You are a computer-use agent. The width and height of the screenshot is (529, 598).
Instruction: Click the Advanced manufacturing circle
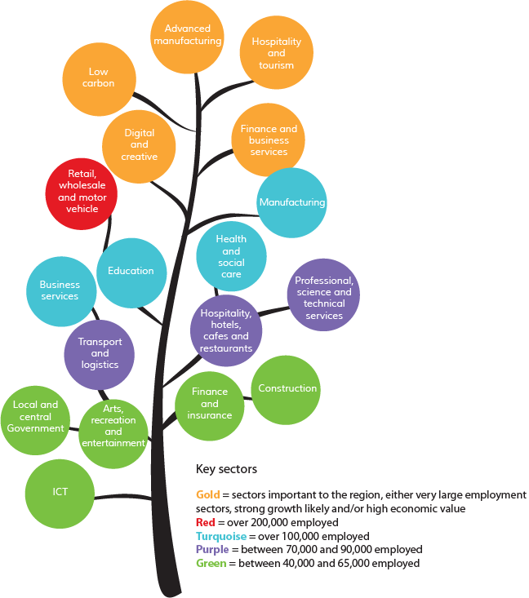[187, 36]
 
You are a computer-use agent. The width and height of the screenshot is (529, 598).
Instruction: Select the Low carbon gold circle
[98, 78]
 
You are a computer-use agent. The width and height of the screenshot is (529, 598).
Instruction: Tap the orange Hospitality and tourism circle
[276, 53]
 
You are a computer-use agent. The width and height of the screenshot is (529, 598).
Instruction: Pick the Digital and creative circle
[139, 145]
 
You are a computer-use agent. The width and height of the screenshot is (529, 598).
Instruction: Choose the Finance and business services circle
[269, 140]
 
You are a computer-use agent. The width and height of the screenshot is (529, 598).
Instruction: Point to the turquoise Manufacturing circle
[291, 202]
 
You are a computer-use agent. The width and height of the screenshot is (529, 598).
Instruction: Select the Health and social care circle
[231, 256]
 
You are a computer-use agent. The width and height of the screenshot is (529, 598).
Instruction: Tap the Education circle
[131, 272]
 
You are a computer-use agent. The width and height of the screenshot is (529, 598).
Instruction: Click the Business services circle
[60, 291]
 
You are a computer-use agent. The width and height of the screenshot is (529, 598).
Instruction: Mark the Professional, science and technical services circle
[324, 295]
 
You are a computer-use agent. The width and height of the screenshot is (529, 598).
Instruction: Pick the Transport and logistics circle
[100, 354]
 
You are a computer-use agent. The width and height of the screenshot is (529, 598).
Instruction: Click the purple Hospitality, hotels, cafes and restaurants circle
[226, 330]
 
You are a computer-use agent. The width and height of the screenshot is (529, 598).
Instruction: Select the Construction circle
[287, 389]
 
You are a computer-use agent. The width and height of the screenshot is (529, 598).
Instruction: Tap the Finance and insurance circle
[210, 404]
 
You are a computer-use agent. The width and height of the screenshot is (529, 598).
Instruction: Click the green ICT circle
[60, 492]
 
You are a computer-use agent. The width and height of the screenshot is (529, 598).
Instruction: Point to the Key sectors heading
[226, 469]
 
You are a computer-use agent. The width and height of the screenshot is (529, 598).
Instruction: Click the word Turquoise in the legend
[221, 537]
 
